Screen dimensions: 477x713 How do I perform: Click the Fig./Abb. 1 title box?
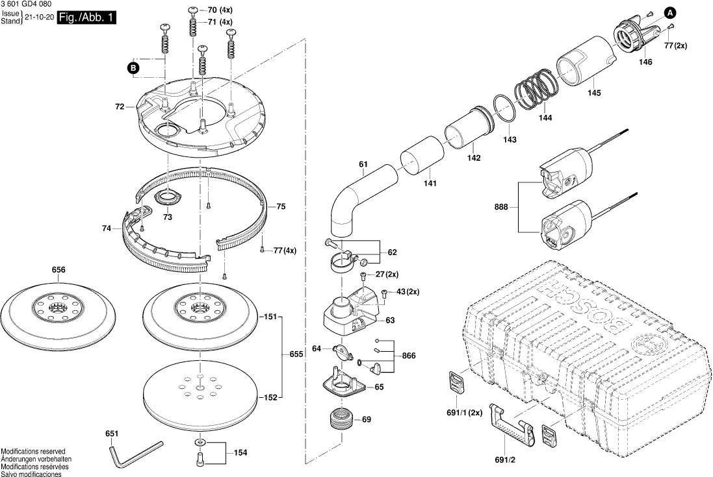coord(86,18)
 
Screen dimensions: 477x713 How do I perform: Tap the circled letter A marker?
coord(669,11)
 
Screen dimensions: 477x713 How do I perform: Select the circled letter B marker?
coord(133,67)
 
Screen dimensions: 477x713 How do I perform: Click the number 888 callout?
coord(500,208)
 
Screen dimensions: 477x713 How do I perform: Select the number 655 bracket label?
coord(296,354)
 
